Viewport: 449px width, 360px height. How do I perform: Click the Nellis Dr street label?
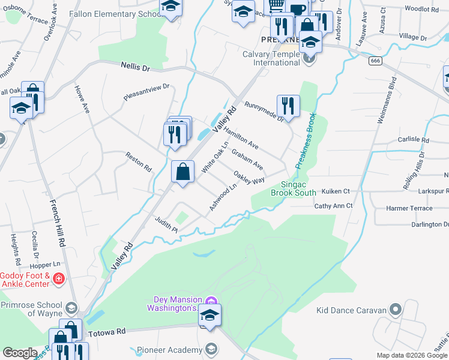point(135,67)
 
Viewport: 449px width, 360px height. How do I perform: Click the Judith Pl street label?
point(167,225)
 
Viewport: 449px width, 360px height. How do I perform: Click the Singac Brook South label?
point(293,189)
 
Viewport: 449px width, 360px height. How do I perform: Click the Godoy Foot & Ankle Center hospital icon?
point(58,279)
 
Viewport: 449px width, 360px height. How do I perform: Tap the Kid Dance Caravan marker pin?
point(394,310)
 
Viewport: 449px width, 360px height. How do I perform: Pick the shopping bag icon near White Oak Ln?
point(183,172)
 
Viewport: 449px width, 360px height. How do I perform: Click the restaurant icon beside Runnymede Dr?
point(288,106)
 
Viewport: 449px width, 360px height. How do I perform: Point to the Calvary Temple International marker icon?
point(309,58)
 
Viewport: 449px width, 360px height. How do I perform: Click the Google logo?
point(20,353)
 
